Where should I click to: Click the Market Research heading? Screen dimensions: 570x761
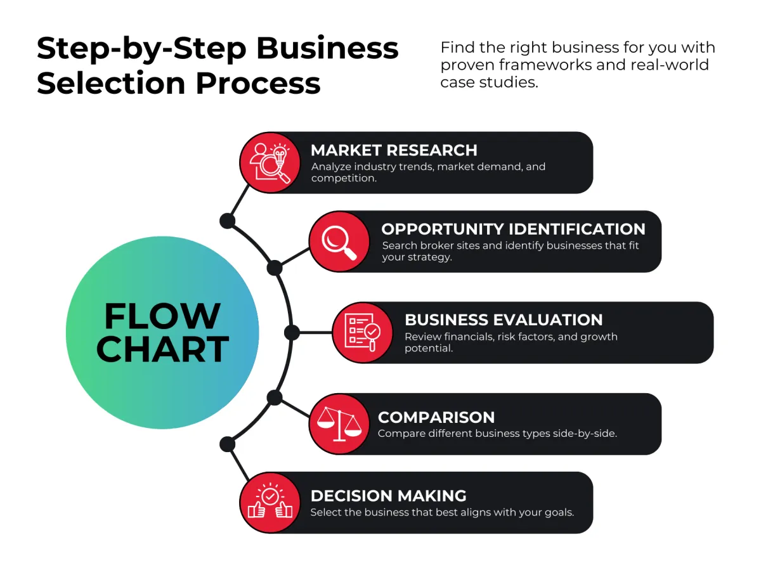pyautogui.click(x=393, y=150)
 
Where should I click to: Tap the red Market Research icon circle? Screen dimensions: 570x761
pyautogui.click(x=270, y=162)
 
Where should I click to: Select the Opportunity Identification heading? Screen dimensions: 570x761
pyautogui.click(x=513, y=229)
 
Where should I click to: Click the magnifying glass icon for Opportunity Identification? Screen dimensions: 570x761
pyautogui.click(x=339, y=242)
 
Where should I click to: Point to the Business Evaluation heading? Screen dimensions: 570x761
pyautogui.click(x=504, y=320)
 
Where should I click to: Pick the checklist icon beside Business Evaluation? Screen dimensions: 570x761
pyautogui.click(x=362, y=332)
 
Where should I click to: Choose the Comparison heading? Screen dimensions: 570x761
pyautogui.click(x=436, y=417)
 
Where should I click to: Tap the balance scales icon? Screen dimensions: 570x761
pyautogui.click(x=339, y=424)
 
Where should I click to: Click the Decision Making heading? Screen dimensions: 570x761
pyautogui.click(x=388, y=495)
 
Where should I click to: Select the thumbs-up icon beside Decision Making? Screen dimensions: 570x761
pyautogui.click(x=270, y=502)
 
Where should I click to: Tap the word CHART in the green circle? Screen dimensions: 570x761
pyautogui.click(x=162, y=349)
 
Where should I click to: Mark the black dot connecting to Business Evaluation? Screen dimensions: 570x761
pyautogui.click(x=292, y=332)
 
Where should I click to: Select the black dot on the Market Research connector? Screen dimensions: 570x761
pyautogui.click(x=227, y=221)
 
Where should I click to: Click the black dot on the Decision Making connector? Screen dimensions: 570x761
pyautogui.click(x=227, y=443)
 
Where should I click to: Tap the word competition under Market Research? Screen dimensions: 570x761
pyautogui.click(x=343, y=178)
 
